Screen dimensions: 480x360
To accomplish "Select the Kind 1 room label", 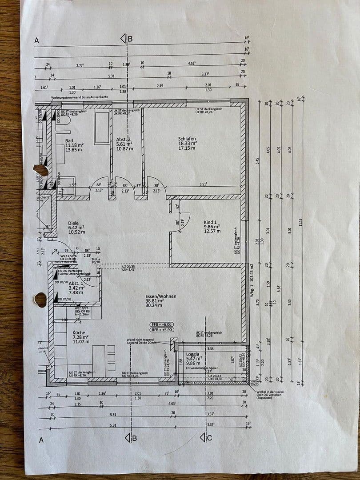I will [x=211, y=222].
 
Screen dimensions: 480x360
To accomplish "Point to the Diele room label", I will [x=73, y=223].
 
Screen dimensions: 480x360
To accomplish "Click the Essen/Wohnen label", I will [x=160, y=296].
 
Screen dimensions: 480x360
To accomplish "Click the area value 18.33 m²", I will [x=187, y=144].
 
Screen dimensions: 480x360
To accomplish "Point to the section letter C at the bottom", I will [x=210, y=437].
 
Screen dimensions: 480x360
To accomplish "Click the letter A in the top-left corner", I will [x=37, y=40].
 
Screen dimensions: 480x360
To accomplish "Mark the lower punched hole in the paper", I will [x=40, y=300].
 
